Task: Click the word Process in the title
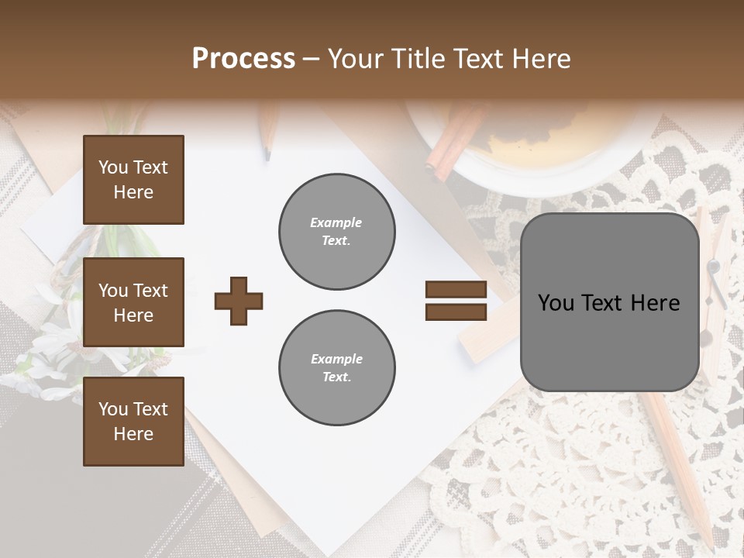(x=243, y=59)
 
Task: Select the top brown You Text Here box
(x=133, y=180)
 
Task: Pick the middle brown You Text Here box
(x=133, y=302)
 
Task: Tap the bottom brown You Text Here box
(x=133, y=421)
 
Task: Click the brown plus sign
(x=239, y=301)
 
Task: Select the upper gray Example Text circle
(x=336, y=231)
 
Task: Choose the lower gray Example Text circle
(x=336, y=367)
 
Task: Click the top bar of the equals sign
(x=456, y=289)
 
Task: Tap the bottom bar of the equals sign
(x=456, y=312)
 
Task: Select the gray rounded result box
(x=609, y=302)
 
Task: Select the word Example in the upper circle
(x=336, y=222)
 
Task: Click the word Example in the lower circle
(x=336, y=359)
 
